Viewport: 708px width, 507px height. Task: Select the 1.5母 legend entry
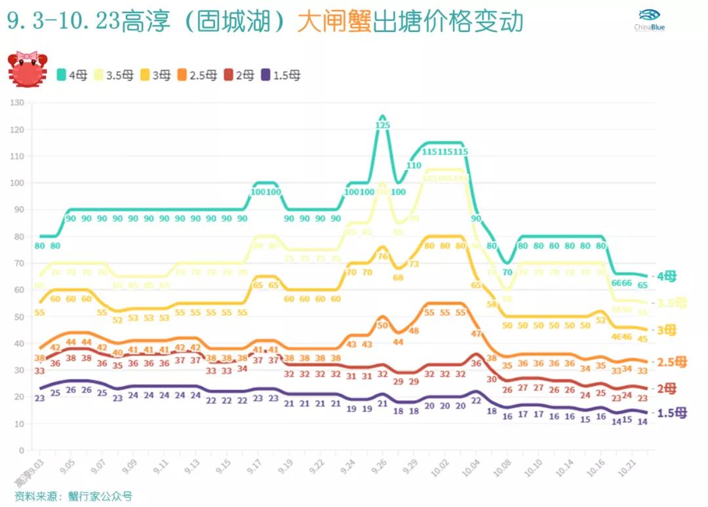[281, 75]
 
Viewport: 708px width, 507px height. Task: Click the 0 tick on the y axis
[21, 451]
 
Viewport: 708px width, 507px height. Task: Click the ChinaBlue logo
[649, 20]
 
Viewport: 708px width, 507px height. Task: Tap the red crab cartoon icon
[27, 69]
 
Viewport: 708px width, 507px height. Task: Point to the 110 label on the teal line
[414, 166]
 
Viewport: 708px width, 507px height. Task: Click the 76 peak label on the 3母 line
[383, 256]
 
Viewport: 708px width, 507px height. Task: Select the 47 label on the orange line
[476, 333]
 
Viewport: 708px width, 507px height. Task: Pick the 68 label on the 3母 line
[399, 277]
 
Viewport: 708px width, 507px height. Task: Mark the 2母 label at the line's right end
[667, 388]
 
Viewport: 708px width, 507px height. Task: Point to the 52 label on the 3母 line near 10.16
[600, 320]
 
